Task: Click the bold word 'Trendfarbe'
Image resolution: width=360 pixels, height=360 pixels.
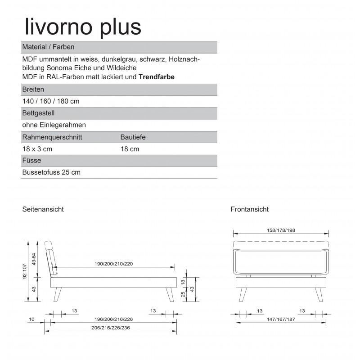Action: (157, 77)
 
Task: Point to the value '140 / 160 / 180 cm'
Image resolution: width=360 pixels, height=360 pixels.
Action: (50, 101)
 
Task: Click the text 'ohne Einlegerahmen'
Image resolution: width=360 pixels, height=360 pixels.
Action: (54, 125)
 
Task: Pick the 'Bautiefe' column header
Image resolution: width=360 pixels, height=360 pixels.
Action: (133, 137)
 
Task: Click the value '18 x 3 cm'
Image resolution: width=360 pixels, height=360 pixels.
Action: (37, 149)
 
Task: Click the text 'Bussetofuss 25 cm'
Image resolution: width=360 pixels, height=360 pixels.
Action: (51, 172)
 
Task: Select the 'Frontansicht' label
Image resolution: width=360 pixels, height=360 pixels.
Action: (249, 209)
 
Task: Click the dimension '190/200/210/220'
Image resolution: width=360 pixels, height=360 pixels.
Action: (114, 263)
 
